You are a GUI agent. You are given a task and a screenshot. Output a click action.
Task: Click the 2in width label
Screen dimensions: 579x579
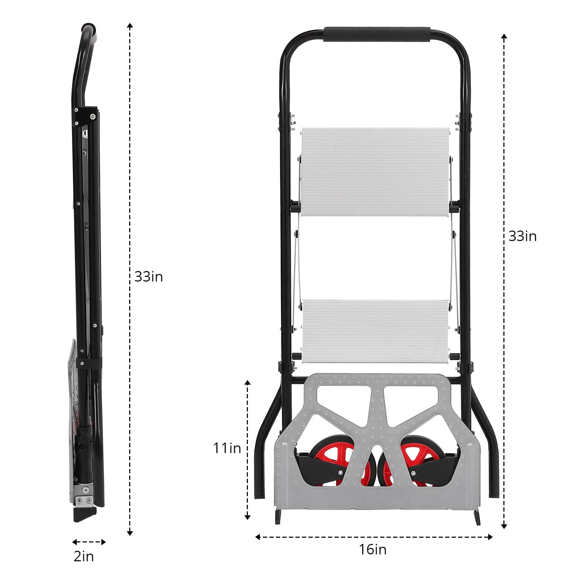[x=84, y=556]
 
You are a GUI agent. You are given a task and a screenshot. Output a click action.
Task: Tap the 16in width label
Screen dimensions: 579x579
[x=372, y=549]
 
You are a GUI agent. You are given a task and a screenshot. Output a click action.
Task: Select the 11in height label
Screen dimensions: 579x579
[x=227, y=448]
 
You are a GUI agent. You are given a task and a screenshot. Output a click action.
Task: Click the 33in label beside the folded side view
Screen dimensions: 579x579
[x=148, y=277]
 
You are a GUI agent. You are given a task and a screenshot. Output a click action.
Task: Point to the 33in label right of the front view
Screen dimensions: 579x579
[x=523, y=236]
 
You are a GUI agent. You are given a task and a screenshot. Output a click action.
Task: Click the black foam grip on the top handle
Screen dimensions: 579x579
[x=377, y=34]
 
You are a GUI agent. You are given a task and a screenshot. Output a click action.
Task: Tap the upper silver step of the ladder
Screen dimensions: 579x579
[x=375, y=172]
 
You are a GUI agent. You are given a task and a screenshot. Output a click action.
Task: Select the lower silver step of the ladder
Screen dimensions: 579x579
[x=376, y=331]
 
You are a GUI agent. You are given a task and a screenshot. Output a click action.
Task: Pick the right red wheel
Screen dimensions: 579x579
[x=416, y=461]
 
